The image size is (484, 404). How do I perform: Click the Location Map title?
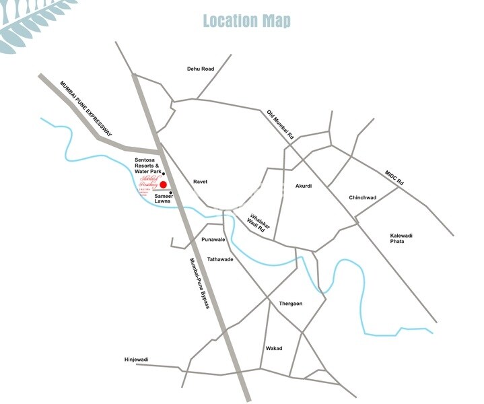(246, 21)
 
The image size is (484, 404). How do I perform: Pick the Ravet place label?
(200, 182)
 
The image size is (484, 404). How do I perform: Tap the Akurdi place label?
(304, 186)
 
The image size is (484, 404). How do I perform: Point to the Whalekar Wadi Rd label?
(258, 224)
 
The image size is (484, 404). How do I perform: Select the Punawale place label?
(213, 239)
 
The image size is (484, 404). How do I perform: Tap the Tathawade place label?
(219, 259)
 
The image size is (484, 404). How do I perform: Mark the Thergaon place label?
(291, 304)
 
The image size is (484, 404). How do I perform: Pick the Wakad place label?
(274, 348)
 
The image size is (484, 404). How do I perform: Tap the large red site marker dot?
(163, 184)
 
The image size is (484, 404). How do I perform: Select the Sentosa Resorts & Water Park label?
(147, 166)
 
